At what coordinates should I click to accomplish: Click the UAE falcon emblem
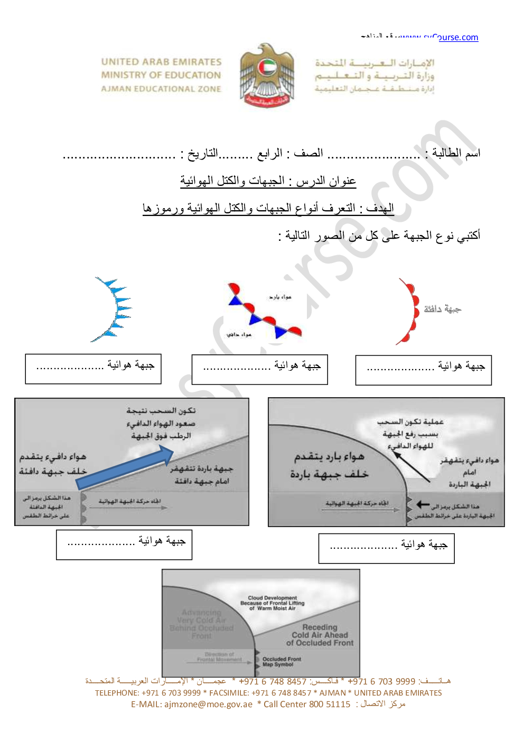click(x=267, y=76)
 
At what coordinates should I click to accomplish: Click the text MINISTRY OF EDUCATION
click(x=161, y=75)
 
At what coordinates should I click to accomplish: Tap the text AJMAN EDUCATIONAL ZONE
click(x=161, y=89)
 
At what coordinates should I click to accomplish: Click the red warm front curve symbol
click(x=409, y=312)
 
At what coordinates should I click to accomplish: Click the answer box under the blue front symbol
click(x=93, y=369)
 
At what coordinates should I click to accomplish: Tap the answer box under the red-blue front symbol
click(x=259, y=369)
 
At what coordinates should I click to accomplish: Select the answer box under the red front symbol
click(x=423, y=370)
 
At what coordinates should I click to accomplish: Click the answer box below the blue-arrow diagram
click(x=124, y=545)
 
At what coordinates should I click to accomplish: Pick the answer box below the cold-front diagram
click(x=386, y=548)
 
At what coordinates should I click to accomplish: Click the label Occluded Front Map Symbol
click(x=282, y=661)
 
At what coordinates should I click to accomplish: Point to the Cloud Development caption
click(x=273, y=603)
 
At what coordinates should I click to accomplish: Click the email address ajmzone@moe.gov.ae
click(x=208, y=704)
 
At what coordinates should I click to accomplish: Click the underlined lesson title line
click(x=268, y=181)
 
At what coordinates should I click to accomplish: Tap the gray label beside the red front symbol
click(x=443, y=309)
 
